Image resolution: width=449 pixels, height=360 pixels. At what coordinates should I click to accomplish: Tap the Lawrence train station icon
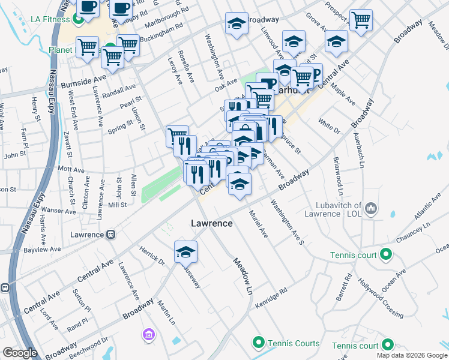[x=110, y=235]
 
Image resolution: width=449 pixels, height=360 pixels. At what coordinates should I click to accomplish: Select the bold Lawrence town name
[x=211, y=223]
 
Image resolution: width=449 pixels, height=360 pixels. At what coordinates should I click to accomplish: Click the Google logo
[x=20, y=353]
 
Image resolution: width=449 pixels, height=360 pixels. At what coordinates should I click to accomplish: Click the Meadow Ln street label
[x=242, y=275]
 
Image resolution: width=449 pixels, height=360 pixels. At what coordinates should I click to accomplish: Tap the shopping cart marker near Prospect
[x=361, y=20]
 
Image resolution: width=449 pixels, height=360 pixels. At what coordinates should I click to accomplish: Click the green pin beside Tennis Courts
[x=259, y=343]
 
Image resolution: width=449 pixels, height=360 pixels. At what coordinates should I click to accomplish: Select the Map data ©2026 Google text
[x=411, y=355]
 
